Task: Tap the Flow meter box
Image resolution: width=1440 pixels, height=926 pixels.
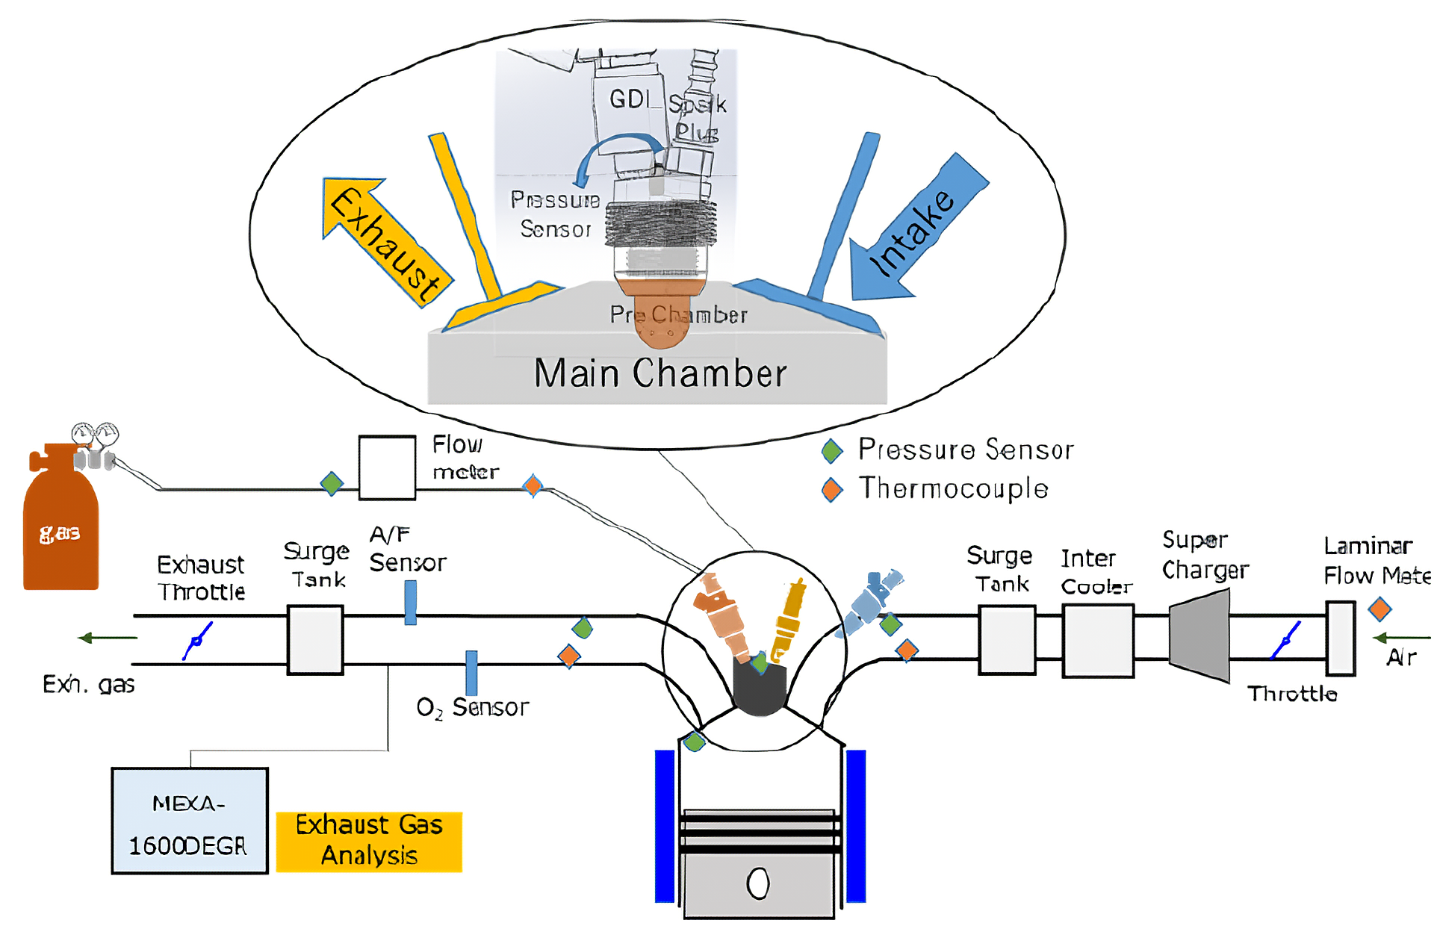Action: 387,467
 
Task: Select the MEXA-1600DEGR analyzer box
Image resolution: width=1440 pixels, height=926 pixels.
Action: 190,821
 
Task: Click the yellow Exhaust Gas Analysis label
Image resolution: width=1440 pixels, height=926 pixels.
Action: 369,842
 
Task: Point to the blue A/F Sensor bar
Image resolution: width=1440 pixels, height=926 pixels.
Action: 410,603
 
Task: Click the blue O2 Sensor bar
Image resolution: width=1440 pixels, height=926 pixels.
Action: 471,673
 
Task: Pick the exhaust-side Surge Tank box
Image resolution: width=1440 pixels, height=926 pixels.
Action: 315,640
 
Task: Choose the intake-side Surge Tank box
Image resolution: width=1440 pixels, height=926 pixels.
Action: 1007,640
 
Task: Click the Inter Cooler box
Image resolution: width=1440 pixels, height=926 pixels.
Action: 1098,641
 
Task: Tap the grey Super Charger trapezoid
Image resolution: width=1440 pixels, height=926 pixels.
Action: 1200,636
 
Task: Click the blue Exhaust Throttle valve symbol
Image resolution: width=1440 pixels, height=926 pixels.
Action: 197,641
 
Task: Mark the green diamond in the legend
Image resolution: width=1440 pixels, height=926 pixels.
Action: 832,450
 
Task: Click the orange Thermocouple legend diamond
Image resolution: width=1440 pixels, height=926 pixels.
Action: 832,490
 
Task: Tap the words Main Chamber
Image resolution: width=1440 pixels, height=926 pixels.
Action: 660,373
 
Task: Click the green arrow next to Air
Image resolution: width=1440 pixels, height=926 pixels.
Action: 1400,638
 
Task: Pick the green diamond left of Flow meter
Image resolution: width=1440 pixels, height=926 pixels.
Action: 332,483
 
